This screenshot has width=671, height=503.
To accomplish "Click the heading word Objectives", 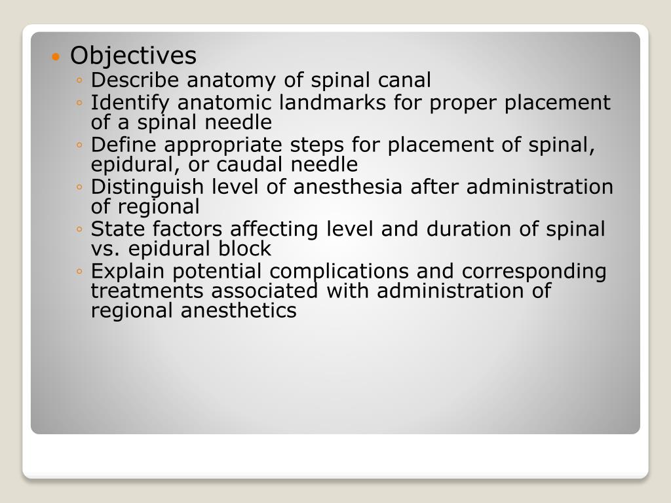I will click(133, 56).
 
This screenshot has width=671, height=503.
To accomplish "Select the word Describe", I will click(137, 81).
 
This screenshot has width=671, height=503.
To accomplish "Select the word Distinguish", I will click(148, 187).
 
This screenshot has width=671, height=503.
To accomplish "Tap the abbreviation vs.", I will click(104, 249).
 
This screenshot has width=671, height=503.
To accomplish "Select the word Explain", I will click(125, 272).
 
